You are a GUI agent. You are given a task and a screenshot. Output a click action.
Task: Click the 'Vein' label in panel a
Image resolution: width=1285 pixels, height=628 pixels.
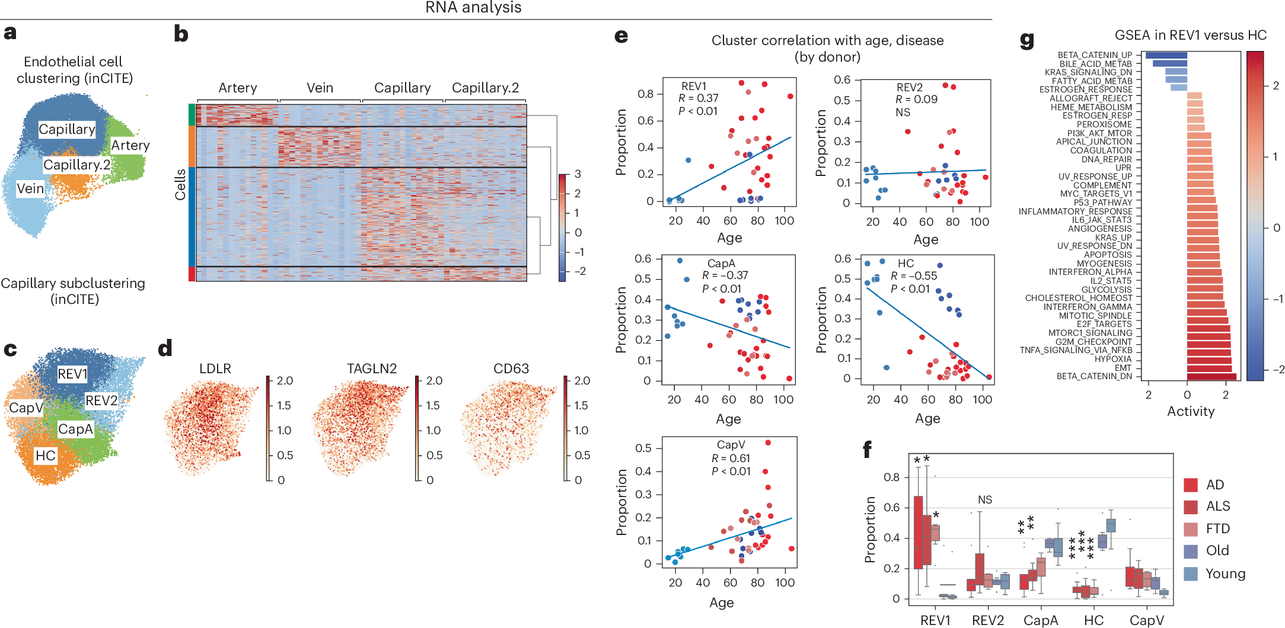[x=30, y=188]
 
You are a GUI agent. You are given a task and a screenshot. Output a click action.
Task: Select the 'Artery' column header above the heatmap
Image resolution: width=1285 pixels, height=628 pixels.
[x=237, y=88]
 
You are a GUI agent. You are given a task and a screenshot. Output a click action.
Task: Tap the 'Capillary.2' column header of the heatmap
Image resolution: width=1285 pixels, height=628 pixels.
[x=485, y=88]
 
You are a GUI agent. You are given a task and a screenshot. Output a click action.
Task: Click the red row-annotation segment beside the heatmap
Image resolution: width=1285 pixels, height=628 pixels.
[x=192, y=274]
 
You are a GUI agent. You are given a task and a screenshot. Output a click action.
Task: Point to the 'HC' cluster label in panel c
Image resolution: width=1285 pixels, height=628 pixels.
[x=45, y=456]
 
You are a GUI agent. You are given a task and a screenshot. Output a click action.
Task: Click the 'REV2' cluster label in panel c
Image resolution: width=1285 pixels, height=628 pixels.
[x=101, y=401]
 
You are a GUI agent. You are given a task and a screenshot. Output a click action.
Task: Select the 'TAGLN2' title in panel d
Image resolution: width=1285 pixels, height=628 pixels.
[x=371, y=369]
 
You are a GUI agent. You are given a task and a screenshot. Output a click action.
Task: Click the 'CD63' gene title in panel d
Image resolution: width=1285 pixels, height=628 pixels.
[x=511, y=369]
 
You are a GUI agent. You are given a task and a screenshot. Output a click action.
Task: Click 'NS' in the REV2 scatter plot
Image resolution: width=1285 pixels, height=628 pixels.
[x=903, y=113]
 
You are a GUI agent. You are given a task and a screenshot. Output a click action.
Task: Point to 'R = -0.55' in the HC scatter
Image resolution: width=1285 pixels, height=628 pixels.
[x=913, y=276]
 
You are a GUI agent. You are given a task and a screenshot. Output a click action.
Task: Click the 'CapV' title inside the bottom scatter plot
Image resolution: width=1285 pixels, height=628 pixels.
[x=731, y=445]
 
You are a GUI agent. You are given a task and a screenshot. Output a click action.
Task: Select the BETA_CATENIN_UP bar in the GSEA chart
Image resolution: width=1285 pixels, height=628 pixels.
[x=1166, y=55]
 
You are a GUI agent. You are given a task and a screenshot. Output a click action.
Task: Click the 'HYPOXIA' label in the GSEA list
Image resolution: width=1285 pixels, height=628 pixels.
[x=1112, y=359]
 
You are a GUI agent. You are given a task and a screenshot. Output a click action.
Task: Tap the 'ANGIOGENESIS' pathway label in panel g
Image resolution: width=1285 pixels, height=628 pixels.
[x=1099, y=229]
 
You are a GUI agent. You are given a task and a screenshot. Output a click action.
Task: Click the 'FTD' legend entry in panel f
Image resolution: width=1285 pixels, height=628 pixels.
[x=1217, y=528]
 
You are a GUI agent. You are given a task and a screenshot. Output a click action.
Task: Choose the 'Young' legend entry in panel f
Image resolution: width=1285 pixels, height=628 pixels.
[x=1225, y=573]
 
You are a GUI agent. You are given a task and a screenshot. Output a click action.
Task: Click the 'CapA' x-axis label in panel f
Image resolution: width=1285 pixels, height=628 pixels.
[x=1041, y=620]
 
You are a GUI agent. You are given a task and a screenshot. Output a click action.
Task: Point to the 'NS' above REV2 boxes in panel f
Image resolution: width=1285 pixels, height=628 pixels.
[x=985, y=500]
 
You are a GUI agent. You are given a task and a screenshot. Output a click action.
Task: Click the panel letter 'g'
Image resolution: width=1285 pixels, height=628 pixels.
[x=1026, y=40]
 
